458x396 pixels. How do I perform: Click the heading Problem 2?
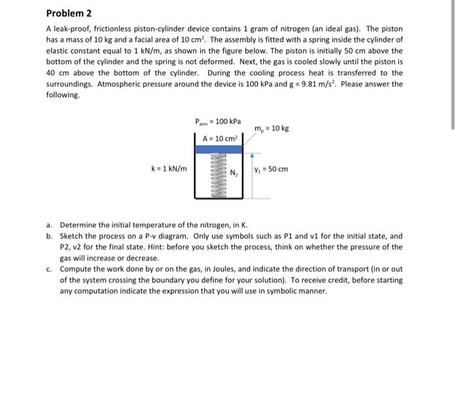click(x=69, y=13)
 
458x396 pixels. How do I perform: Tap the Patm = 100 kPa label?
click(x=218, y=122)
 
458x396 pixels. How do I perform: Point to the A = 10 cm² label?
click(x=219, y=138)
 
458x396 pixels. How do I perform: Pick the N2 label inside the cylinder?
click(x=233, y=173)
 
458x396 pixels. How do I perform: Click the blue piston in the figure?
click(x=219, y=149)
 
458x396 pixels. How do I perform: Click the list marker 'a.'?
click(x=50, y=225)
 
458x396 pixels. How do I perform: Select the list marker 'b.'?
click(x=50, y=236)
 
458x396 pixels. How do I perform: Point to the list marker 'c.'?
click(x=50, y=268)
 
